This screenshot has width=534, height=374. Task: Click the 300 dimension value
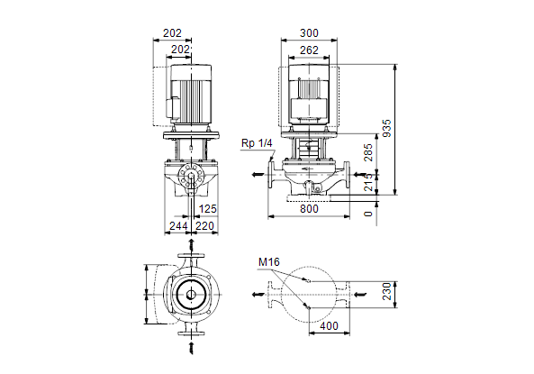309,33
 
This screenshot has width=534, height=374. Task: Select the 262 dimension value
309,50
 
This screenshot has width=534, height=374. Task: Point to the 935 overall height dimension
387,129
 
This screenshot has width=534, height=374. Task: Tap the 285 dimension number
368,152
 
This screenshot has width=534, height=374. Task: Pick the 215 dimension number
368,182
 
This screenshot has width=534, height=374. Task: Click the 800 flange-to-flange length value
309,209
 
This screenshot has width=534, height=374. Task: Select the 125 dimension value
208,209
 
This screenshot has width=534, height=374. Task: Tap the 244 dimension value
178,225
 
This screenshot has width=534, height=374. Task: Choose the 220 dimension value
204,225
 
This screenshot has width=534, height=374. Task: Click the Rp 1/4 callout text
257,143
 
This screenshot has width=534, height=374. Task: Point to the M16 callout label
269,262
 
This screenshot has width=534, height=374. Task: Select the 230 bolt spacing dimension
387,291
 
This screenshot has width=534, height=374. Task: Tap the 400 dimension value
330,326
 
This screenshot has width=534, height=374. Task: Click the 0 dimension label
368,214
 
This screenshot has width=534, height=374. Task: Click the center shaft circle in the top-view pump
191,295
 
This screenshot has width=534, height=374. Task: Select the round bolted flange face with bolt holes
192,177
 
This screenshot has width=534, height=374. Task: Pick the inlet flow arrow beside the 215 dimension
360,175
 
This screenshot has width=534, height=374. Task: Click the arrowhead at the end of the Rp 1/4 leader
271,160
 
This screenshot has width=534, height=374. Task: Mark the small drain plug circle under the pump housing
319,188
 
